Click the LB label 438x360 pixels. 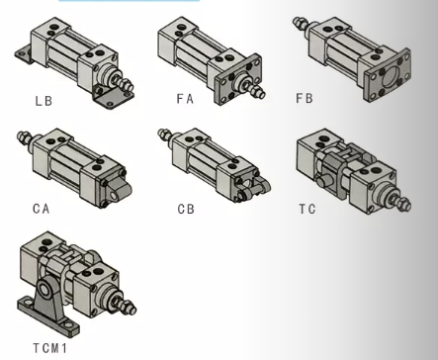[x=44, y=101]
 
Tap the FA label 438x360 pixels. [x=185, y=99]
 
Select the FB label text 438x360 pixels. [x=305, y=98]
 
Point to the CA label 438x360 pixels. [x=42, y=209]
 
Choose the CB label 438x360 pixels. [x=186, y=209]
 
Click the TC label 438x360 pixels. [x=307, y=209]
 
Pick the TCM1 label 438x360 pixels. [x=50, y=348]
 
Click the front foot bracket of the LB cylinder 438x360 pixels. [x=112, y=98]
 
